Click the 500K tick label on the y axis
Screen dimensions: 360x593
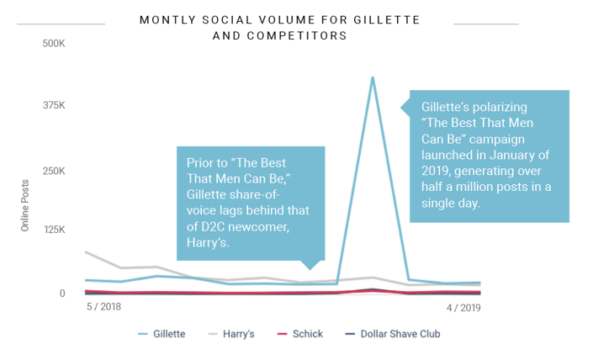pos(54,42)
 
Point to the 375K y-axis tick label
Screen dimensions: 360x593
pos(54,105)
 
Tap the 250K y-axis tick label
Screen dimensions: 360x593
pos(54,171)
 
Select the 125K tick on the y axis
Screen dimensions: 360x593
pos(54,229)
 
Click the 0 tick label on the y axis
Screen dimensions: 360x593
pos(61,294)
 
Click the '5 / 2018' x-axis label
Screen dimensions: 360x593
pos(104,308)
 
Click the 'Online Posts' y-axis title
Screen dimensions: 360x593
pos(26,206)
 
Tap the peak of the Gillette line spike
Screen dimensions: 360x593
pos(373,77)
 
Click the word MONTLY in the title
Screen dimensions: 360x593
pos(167,19)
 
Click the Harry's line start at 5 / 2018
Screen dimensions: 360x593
pos(86,251)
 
